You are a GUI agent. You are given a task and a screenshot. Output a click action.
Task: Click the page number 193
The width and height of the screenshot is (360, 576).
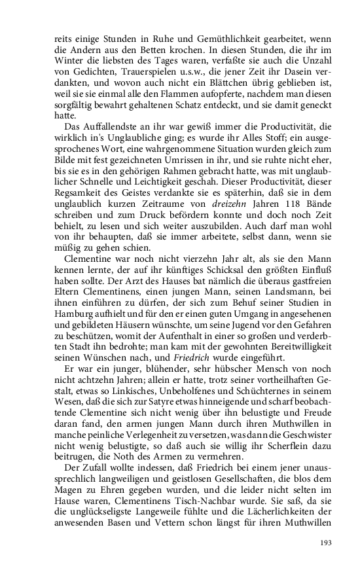(x=326, y=543)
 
